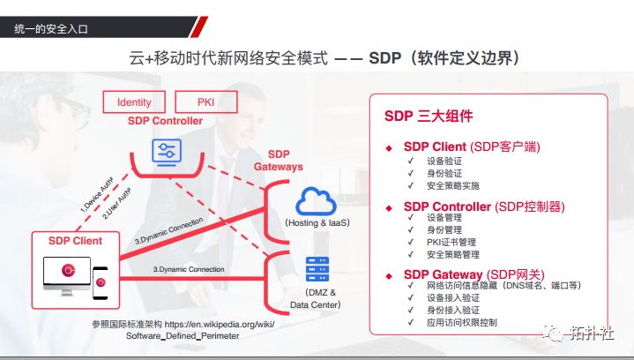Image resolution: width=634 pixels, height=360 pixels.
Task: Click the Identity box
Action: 134,102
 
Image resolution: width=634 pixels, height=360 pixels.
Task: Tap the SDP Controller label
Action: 165,121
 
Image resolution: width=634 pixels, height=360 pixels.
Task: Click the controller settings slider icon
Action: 164,151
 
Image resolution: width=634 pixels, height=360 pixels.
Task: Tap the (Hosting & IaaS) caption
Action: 317,223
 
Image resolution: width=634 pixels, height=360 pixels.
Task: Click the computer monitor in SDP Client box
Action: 66,274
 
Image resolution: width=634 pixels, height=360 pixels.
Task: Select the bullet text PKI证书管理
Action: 451,242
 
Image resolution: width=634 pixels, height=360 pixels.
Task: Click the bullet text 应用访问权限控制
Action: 462,323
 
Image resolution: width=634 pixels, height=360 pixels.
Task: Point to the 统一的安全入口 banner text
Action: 51,29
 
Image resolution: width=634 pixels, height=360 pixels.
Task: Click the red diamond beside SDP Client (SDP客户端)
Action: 389,147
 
